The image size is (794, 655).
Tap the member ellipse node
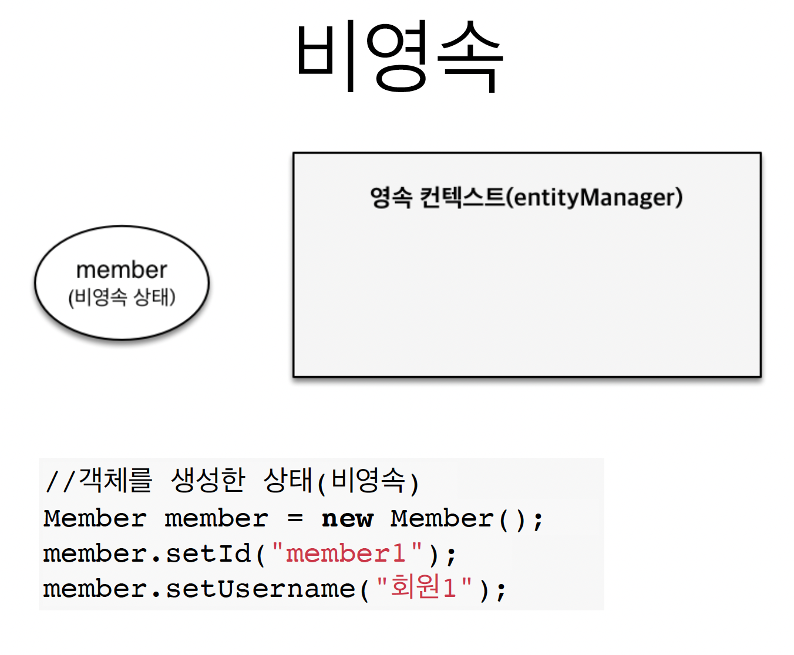pos(122,283)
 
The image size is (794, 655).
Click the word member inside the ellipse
pos(122,270)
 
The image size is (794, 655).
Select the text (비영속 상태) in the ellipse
pos(122,297)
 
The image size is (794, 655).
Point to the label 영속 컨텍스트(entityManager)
pos(526,197)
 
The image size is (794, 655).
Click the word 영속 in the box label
pos(391,197)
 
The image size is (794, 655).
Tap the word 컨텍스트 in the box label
pos(462,197)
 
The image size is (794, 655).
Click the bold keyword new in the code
pos(347,519)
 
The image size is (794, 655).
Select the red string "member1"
pos(346,554)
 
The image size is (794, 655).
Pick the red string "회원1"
pos(424,588)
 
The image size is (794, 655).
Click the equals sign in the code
pos(295,519)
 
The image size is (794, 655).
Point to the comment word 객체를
pos(116,481)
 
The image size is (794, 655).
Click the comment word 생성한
pos(208,481)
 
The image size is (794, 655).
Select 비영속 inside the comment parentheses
pos(368,481)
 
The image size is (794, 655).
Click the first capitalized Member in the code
pos(95,519)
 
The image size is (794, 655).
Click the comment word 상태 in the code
pos(287,481)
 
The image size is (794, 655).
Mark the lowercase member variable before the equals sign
pos(216,519)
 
